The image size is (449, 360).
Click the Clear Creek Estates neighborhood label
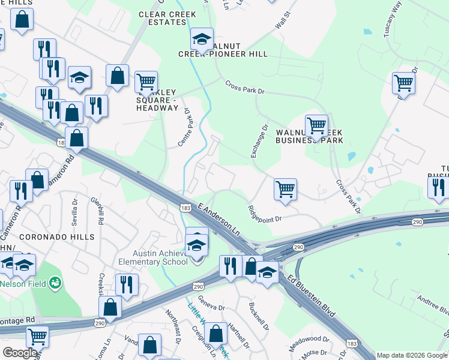162,18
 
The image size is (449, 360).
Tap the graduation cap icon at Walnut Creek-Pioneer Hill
202,39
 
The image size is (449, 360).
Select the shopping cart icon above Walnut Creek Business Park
316,125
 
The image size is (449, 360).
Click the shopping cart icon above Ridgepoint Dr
285,188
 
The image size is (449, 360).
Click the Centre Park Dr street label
184,127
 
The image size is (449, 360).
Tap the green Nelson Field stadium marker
55,281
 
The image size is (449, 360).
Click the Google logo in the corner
19,353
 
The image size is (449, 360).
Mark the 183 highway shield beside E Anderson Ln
186,207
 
